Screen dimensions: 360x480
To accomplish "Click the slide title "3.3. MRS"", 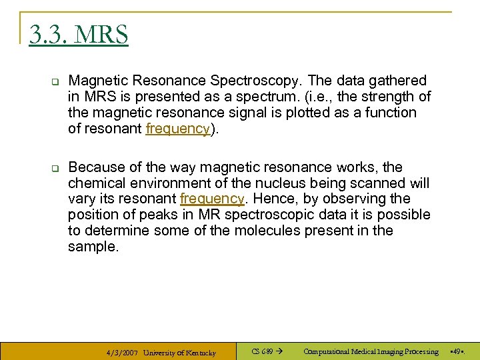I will (79, 35).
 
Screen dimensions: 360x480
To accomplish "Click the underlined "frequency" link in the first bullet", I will (177, 129).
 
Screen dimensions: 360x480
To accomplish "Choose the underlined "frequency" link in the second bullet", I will (211, 199).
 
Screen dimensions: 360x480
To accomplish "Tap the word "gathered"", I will (399, 81).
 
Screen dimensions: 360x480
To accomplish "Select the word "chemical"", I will (94, 183).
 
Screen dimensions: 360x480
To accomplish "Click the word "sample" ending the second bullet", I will (91, 247).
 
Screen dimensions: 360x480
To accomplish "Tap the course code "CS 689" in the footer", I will (263, 351).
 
